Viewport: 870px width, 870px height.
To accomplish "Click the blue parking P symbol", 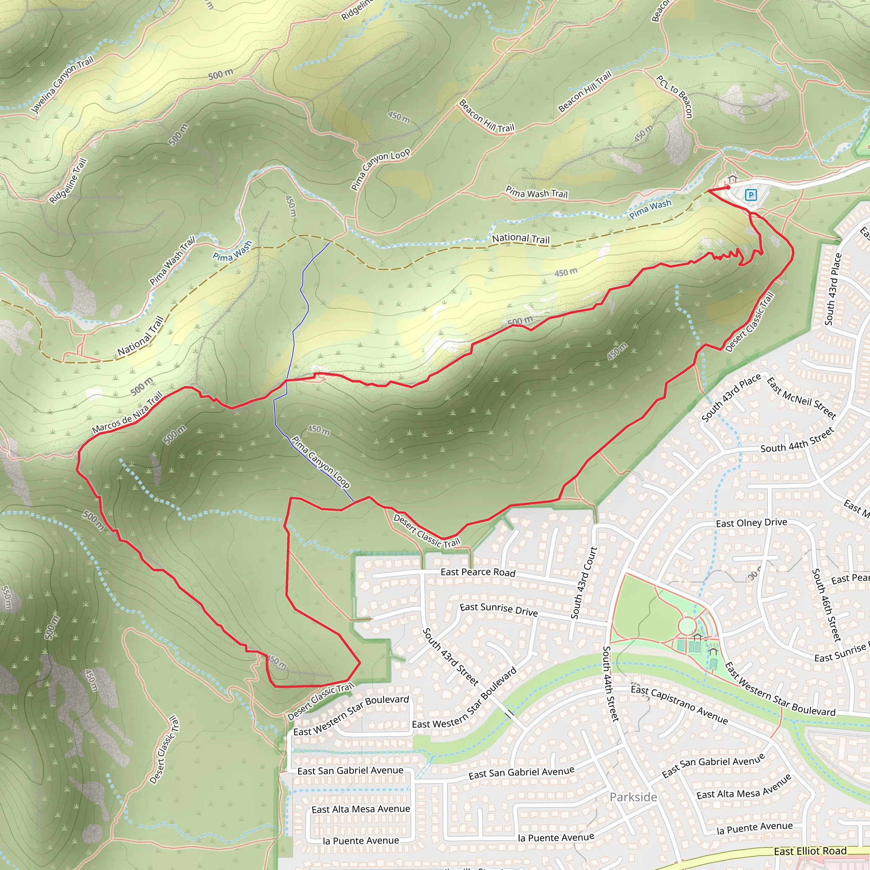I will tap(751, 195).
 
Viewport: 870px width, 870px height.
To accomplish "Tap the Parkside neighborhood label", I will tap(633, 797).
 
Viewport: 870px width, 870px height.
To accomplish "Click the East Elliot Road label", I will tap(810, 851).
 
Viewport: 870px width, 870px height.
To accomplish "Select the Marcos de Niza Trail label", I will tap(127, 413).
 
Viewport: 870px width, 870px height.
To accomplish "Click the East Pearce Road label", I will tap(478, 572).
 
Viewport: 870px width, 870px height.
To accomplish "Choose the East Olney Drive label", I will tap(751, 523).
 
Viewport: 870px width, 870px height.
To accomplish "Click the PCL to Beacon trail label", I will tap(674, 97).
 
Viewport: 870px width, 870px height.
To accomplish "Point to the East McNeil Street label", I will tap(801, 398).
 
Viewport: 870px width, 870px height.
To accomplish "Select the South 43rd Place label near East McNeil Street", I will tap(731, 398).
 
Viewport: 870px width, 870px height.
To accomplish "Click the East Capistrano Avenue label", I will tap(679, 704).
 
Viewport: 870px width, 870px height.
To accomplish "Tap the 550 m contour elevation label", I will tap(6, 597).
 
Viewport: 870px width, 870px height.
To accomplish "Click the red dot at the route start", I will tap(728, 187).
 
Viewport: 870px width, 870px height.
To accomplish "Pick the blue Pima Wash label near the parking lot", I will tap(650, 209).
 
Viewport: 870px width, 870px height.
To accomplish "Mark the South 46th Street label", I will tap(826, 605).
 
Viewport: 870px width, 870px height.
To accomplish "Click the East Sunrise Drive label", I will tap(498, 610).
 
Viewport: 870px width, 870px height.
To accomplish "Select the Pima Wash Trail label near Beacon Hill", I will tap(537, 193).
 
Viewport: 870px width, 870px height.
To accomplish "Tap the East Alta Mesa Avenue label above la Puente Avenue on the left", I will tap(361, 809).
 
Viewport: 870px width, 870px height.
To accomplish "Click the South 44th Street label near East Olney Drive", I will tap(797, 441).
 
